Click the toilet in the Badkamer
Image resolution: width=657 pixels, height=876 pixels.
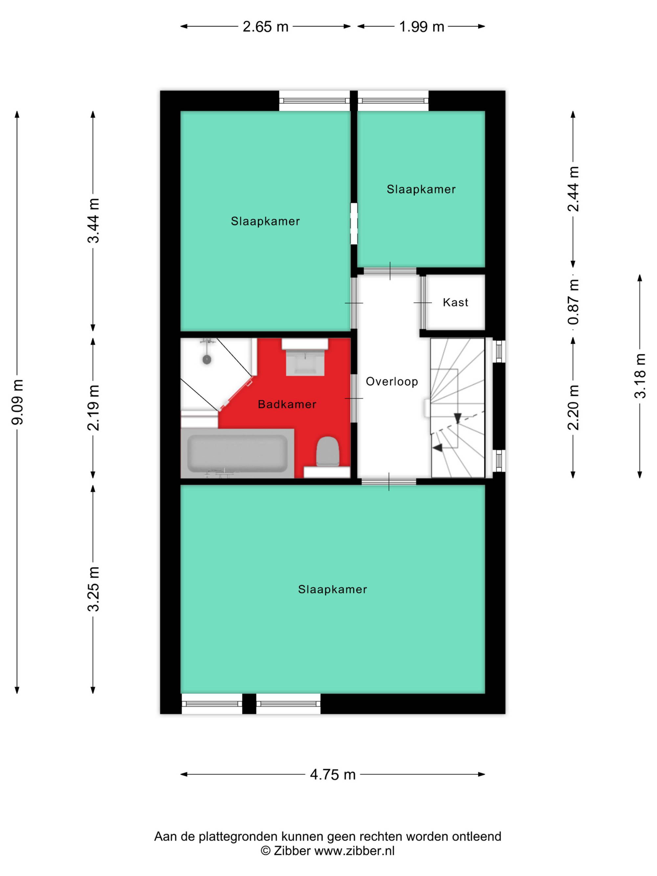[328, 451]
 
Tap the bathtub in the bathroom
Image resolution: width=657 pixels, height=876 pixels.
[237, 453]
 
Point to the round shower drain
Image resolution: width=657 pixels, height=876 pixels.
[207, 359]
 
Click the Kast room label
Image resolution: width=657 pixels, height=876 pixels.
[455, 303]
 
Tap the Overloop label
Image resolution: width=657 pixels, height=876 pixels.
[392, 381]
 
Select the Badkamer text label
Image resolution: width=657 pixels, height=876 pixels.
[287, 404]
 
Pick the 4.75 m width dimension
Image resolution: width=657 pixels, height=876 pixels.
[333, 774]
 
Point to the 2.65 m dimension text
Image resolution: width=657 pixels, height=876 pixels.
[265, 27]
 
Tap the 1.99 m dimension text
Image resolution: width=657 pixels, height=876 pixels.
[421, 27]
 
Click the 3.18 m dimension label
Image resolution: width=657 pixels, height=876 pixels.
[640, 376]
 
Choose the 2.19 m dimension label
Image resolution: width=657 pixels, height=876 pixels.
[94, 408]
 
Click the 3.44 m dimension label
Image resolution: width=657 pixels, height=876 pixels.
[94, 221]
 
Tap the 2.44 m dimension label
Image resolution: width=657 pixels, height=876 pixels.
[573, 189]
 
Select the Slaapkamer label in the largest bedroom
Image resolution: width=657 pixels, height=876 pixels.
[333, 589]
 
